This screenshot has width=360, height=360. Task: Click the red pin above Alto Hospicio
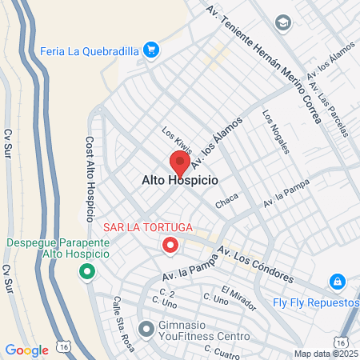pos(179,161)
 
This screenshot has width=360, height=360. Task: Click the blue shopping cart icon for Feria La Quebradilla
pos(151,50)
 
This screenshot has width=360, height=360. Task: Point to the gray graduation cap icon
pos(282,23)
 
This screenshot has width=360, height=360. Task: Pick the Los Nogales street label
pos(276,130)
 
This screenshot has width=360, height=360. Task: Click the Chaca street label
pos(227,204)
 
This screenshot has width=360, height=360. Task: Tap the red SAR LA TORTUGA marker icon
pos(170,245)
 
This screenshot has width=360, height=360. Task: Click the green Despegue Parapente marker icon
pos(86,273)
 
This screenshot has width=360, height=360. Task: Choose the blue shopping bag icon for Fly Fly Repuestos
pos(338,282)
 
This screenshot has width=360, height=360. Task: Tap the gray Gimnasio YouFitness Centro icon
pos(146,328)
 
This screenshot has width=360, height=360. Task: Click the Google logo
pos(26,350)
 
